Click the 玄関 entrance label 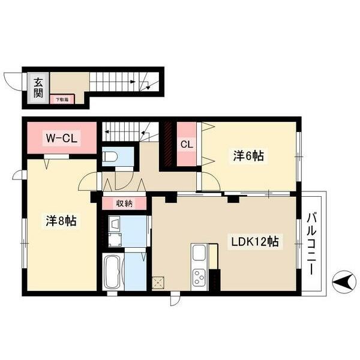pos(38,88)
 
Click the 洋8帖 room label pos(61,221)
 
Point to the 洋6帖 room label pos(248,156)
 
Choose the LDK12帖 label pos(255,242)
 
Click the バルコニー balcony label pos(312,243)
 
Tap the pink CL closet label pos(186,144)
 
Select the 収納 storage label pos(124,203)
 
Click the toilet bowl pos(112,158)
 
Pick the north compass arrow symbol pos(344,280)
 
